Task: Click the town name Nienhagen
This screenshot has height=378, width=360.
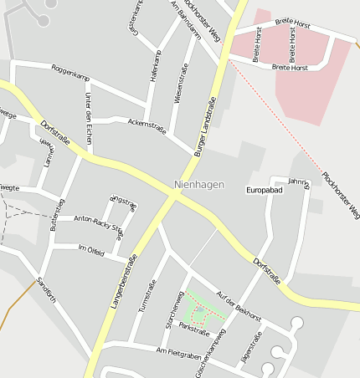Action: [199, 184]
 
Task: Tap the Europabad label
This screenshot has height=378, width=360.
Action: [265, 191]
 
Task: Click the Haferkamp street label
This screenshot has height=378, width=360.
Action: [155, 64]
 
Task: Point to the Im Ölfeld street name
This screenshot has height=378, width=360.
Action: [90, 250]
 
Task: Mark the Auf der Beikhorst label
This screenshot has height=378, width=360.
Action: [238, 308]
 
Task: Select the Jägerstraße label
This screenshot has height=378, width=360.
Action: [251, 346]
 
